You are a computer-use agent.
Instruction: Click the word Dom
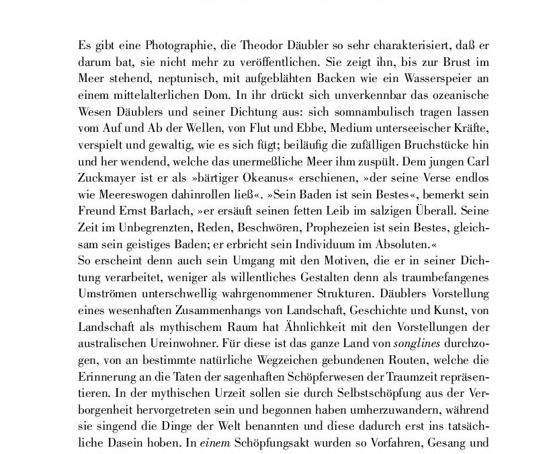[222, 89]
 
